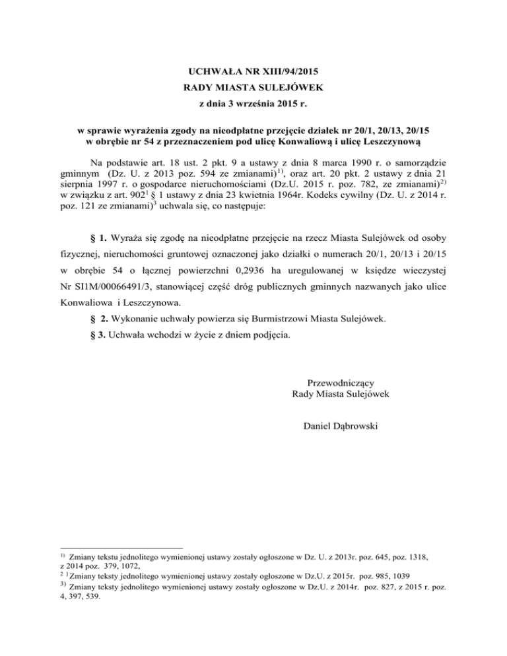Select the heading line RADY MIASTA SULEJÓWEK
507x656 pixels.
[253, 86]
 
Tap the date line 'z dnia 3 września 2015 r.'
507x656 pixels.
[253, 103]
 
